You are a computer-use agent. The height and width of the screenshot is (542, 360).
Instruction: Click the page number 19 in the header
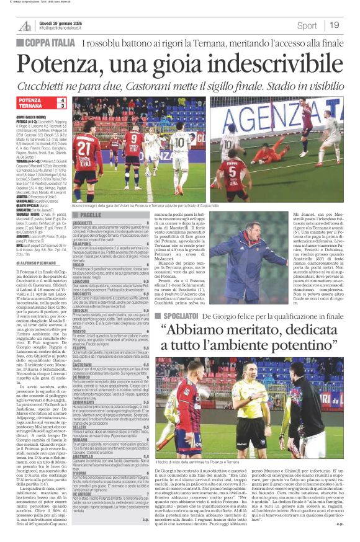pyautogui.click(x=334, y=25)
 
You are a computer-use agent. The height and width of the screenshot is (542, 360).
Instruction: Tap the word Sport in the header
pyautogui.click(x=307, y=25)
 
